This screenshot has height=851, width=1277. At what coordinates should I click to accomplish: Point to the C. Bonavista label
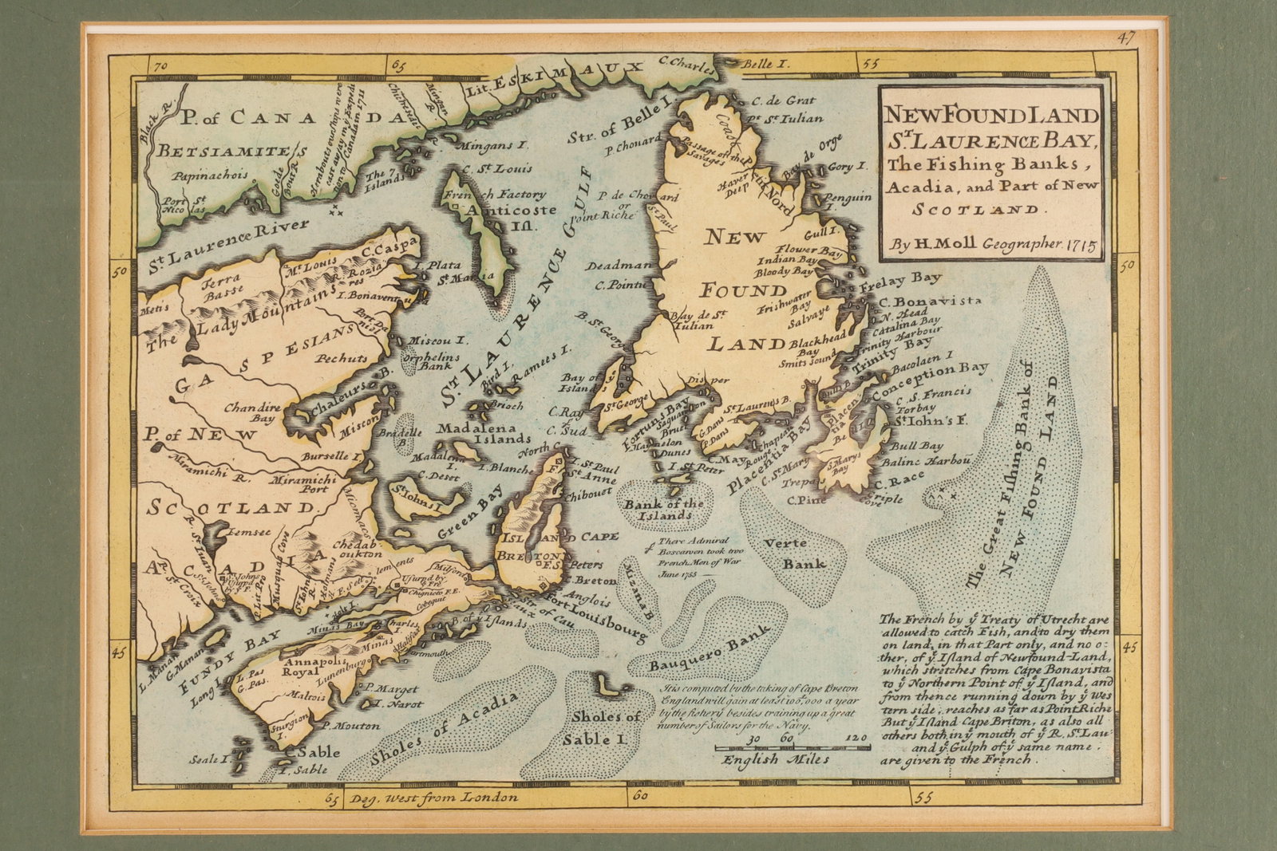929,301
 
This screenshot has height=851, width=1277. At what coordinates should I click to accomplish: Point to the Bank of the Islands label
664,509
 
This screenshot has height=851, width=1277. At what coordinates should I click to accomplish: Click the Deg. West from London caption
431,797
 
